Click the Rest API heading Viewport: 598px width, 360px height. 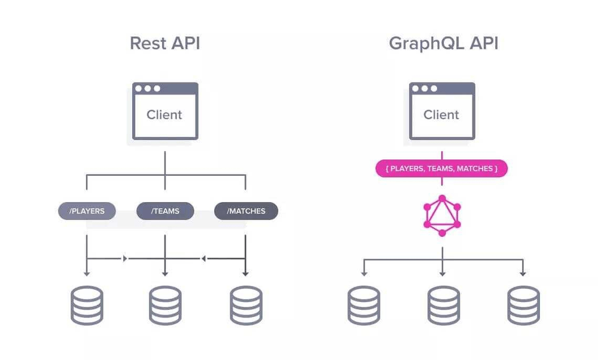[165, 44]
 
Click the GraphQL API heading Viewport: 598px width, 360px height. [443, 44]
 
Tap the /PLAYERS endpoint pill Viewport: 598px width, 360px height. [87, 211]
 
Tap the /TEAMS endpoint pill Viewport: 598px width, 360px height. [165, 211]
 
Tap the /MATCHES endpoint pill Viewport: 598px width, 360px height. [246, 211]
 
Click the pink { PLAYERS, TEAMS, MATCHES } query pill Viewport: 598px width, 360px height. [441, 169]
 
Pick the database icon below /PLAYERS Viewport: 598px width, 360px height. [87, 306]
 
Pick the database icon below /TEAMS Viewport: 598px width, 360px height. [165, 306]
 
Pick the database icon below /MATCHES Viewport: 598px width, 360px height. [246, 306]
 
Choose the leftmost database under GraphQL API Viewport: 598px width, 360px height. [364, 306]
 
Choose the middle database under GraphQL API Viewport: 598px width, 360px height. [443, 306]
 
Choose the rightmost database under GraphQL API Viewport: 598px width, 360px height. [523, 306]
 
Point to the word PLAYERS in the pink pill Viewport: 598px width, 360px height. [407, 169]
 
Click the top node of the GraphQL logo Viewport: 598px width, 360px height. [442, 198]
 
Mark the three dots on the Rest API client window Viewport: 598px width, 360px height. [147, 89]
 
